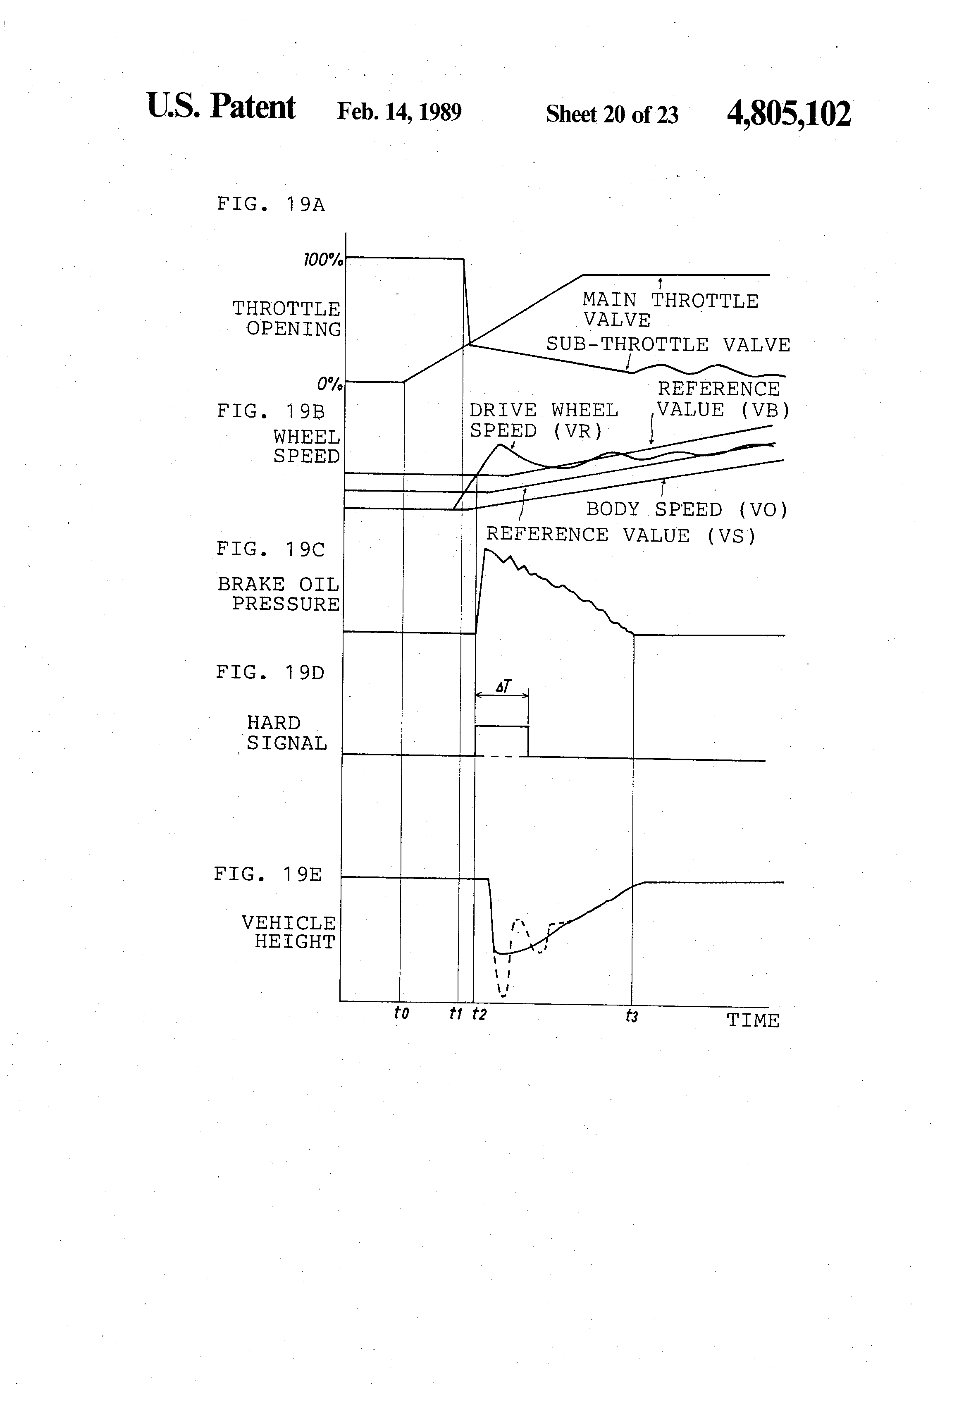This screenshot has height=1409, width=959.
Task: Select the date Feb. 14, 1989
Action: (x=399, y=112)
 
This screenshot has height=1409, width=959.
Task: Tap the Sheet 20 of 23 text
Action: (x=612, y=114)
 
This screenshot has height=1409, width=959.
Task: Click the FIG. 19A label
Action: (x=271, y=204)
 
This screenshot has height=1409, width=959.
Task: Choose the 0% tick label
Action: (x=329, y=384)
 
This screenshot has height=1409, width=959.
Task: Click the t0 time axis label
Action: (x=401, y=1013)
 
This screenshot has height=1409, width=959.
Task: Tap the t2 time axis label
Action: (x=479, y=1013)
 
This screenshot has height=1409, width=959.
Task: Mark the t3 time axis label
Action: (x=632, y=1015)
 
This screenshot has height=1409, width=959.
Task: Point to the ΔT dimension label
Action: (x=503, y=686)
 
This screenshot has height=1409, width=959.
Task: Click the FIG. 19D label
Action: (x=270, y=672)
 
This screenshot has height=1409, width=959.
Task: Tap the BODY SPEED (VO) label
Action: (x=687, y=509)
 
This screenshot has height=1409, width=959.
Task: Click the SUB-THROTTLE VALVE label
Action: (x=668, y=344)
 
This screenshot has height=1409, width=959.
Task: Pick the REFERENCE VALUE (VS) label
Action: (x=621, y=535)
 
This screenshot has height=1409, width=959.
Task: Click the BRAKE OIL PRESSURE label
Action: (x=279, y=594)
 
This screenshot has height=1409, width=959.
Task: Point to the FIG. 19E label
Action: (x=268, y=874)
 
